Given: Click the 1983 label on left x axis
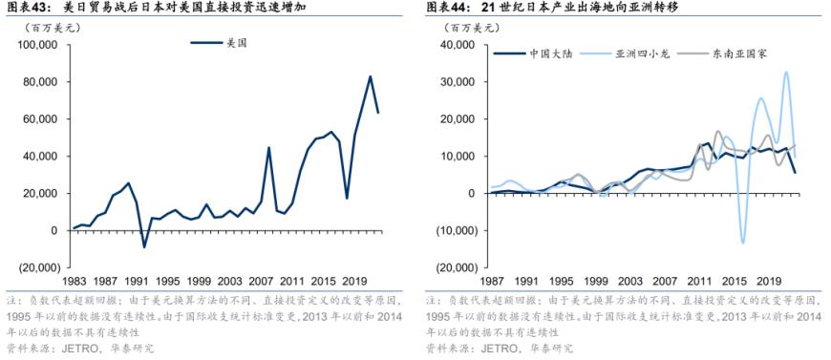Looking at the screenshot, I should (x=75, y=283).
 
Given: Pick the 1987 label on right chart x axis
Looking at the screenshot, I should (x=491, y=283).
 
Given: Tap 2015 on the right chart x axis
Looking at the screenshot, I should (x=735, y=283).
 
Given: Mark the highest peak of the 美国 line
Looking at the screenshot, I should (x=371, y=76).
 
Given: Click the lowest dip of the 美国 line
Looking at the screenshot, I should (x=144, y=247).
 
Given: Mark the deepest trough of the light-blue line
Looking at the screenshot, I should (x=743, y=243).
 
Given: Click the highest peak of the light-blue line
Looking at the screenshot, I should (x=787, y=73).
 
